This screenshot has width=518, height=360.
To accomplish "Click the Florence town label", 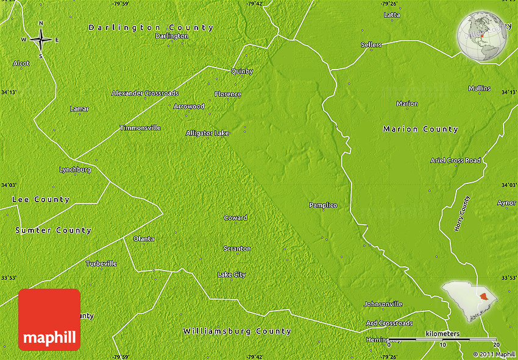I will [x=228, y=94].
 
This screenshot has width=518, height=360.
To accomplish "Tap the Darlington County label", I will [x=151, y=27].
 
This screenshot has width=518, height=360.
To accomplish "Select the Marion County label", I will [x=420, y=129].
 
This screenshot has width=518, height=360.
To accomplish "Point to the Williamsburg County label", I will [x=237, y=331].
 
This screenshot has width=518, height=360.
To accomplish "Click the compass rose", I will [x=41, y=40].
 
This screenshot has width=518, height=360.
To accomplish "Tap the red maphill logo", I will [x=49, y=320].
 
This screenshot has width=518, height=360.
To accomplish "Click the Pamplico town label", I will [x=323, y=205].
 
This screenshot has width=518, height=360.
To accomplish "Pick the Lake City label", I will [x=232, y=275].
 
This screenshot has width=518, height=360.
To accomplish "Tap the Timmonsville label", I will [x=140, y=128].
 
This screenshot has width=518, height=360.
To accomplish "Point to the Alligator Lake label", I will [x=208, y=133].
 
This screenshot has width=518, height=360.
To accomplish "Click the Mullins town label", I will [x=480, y=88].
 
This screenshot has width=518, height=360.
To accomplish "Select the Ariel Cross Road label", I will [x=455, y=160].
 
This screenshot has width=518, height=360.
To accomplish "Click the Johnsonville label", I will [x=383, y=304].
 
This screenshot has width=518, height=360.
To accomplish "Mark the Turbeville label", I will [x=101, y=264].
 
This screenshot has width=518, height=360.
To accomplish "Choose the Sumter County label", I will [x=54, y=230].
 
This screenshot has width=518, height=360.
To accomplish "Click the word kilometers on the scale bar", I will [x=442, y=334].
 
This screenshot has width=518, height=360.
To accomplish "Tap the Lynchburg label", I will [x=75, y=169].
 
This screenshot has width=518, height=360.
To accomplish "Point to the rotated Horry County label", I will [x=463, y=213].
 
